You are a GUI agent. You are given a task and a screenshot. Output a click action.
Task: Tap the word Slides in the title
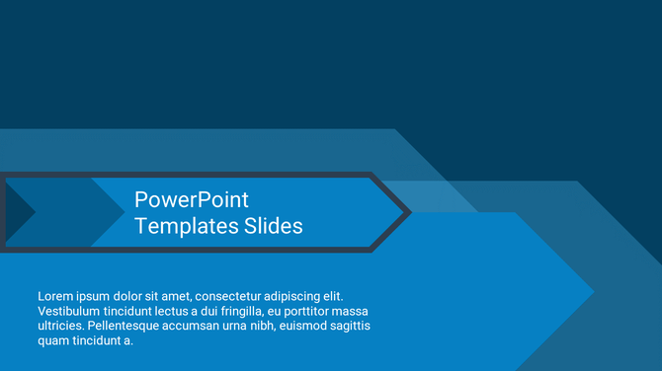pyautogui.click(x=273, y=226)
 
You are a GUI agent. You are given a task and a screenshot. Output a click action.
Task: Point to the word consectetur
pyautogui.click(x=235, y=296)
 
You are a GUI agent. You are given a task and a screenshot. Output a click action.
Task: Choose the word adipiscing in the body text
pyautogui.click(x=300, y=296)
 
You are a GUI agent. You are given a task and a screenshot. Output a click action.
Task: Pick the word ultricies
pyautogui.click(x=60, y=326)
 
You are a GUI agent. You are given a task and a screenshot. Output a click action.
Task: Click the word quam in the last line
pyautogui.click(x=53, y=340)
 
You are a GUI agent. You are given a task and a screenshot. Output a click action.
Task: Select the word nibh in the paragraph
pyautogui.click(x=257, y=326)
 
